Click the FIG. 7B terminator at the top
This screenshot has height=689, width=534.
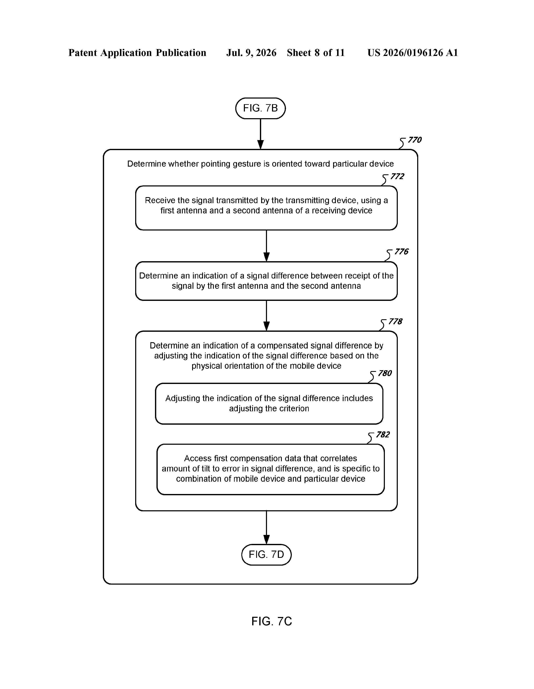(x=260, y=108)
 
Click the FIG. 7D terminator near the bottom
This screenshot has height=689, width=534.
(x=266, y=555)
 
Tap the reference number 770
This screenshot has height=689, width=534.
(x=414, y=140)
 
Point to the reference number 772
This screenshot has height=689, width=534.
(x=397, y=176)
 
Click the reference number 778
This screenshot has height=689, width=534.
(x=395, y=322)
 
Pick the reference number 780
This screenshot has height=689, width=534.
(x=385, y=373)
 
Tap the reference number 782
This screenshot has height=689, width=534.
(x=383, y=435)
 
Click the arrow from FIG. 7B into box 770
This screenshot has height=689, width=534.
(x=260, y=134)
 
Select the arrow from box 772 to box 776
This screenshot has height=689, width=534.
(x=266, y=246)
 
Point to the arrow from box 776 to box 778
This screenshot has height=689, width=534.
(x=266, y=315)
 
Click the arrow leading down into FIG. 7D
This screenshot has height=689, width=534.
(x=266, y=527)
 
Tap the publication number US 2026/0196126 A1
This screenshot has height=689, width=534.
(x=413, y=53)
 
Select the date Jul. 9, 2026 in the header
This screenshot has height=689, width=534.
(x=251, y=53)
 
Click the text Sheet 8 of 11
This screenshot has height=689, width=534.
(x=316, y=53)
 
